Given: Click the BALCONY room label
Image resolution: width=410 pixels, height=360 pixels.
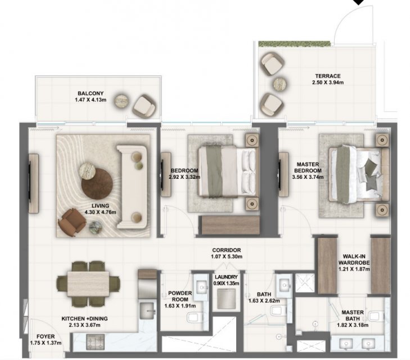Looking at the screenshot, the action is [91, 93].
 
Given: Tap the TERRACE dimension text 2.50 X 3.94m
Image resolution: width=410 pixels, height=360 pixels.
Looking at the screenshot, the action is [328, 83].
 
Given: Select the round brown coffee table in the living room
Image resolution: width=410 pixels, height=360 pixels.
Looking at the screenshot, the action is [97, 184].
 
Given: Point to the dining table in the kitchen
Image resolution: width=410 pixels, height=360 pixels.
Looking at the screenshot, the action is [88, 284].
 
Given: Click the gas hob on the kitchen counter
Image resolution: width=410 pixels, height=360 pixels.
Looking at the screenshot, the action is [96, 342].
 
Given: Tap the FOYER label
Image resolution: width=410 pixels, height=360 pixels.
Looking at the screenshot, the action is [46, 337].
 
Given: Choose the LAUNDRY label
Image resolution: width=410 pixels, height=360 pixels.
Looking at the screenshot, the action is [226, 277].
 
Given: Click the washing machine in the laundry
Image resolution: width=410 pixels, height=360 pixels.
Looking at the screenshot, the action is [226, 298].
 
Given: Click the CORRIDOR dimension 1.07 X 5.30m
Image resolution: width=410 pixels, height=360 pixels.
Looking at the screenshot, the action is [227, 256].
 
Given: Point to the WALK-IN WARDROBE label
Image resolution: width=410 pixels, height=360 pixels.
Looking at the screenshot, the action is [354, 259].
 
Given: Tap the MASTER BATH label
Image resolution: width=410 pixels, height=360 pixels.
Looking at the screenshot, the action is [353, 316].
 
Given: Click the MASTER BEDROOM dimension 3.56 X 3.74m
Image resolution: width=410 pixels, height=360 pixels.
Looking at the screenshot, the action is [308, 177].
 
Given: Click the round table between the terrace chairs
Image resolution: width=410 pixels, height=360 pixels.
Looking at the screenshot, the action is [280, 84].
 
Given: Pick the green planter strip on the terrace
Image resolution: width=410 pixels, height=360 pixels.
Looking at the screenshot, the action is [295, 44].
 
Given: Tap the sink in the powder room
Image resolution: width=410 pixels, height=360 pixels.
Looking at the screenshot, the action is [201, 287].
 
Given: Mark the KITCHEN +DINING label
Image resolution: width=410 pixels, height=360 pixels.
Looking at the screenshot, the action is [84, 319].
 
